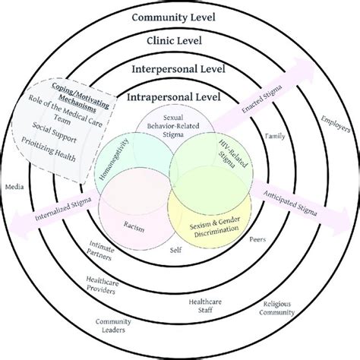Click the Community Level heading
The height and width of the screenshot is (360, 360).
[x=179, y=17]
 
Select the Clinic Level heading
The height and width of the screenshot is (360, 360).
[x=179, y=42]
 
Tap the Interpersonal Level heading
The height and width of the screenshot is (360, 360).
[x=179, y=69]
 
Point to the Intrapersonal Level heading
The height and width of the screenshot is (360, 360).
[x=179, y=97]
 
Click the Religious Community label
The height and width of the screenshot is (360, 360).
[x=278, y=307]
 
